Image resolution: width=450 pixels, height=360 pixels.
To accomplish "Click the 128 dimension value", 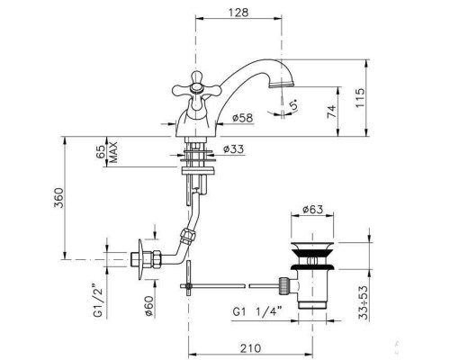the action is (238, 13).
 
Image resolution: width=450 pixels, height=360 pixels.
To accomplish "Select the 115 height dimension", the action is (360, 98).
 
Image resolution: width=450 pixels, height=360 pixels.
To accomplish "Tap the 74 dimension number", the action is (331, 112).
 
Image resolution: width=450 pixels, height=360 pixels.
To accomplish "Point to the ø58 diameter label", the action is (242, 118).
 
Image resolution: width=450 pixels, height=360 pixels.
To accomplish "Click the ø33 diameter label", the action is (234, 148).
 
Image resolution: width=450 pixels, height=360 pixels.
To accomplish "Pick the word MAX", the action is (113, 152).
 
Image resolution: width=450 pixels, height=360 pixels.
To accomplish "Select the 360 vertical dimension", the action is (58, 198).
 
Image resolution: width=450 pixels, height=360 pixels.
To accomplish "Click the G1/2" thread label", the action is (98, 301).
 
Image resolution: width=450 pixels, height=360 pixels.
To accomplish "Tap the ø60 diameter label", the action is (148, 305).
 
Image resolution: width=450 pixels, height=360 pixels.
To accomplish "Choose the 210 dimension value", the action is (250, 348).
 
